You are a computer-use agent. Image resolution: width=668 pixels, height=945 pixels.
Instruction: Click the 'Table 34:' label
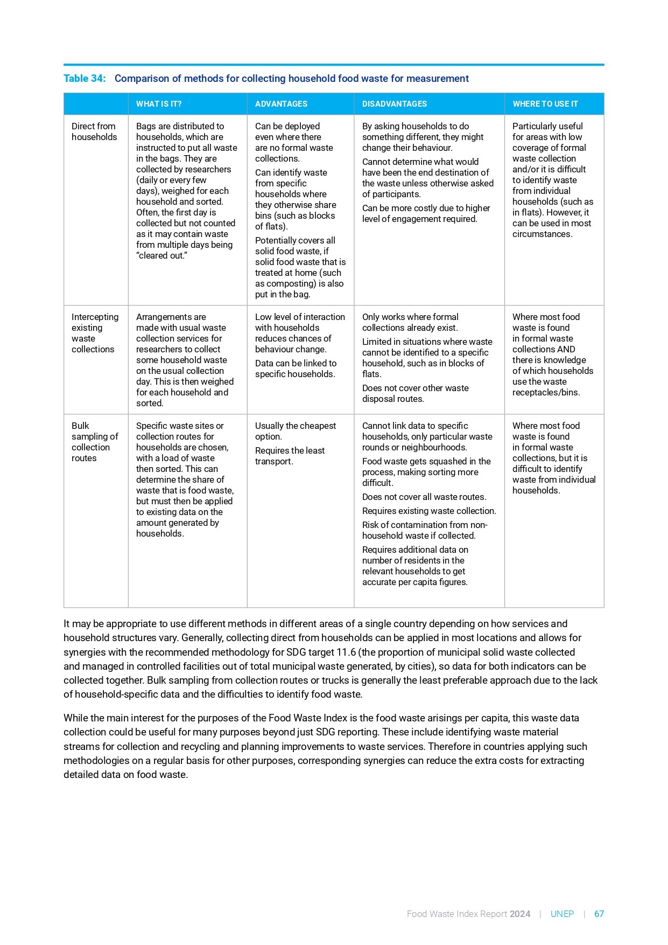coord(85,79)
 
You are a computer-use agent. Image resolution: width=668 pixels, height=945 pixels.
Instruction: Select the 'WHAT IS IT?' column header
coord(159,104)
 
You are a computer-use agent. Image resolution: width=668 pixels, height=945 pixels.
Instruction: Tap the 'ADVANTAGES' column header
coord(281,104)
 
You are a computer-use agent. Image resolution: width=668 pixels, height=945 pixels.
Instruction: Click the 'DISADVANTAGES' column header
coord(394,104)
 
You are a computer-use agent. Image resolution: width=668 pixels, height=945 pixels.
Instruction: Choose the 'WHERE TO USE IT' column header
coord(545,104)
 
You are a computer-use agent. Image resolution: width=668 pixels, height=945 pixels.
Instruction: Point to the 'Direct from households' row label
coord(94,131)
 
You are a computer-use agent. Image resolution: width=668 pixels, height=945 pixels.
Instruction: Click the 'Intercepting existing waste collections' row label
coord(95,333)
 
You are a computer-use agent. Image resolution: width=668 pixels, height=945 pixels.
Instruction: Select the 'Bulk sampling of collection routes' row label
coord(94,442)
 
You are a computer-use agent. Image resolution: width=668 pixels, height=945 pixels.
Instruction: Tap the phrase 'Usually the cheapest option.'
coord(295,431)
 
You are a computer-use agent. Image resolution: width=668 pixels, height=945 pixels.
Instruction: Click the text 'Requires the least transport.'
coord(290,456)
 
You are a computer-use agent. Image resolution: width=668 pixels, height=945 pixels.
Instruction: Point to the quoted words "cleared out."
coord(161,255)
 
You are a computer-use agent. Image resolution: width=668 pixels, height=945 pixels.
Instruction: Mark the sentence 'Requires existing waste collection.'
coord(429,511)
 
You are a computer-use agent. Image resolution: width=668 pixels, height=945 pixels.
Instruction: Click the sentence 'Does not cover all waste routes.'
coord(424,497)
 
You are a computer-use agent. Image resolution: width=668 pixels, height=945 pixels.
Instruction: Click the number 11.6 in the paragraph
coord(346,652)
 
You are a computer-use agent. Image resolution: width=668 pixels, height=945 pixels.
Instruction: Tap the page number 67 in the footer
coord(599,914)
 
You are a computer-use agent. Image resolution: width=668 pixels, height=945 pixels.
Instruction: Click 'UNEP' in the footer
coord(562,914)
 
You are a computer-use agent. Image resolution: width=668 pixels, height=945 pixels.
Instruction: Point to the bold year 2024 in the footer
coord(520,914)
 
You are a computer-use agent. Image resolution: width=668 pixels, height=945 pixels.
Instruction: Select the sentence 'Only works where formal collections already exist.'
coord(410,322)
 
